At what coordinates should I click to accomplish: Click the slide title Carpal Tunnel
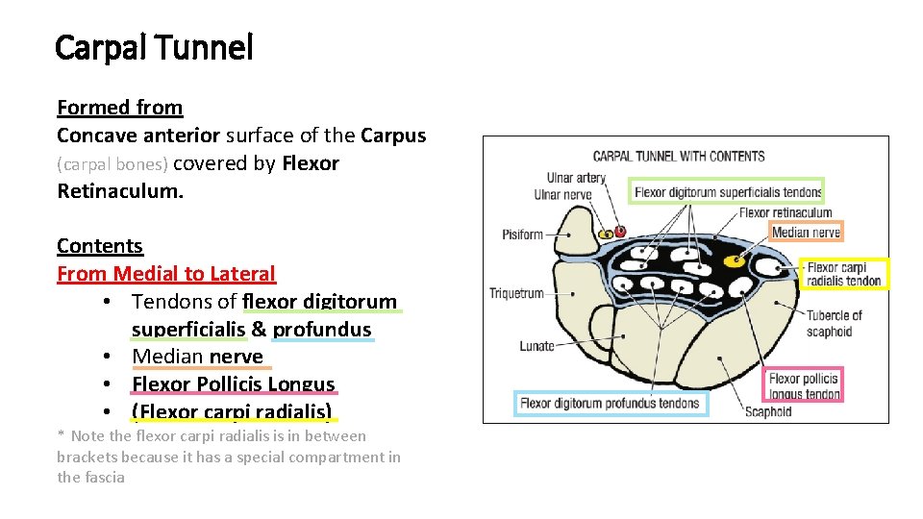pyautogui.click(x=154, y=47)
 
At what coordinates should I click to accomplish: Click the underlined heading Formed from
pyautogui.click(x=119, y=108)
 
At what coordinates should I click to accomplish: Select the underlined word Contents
pyautogui.click(x=99, y=246)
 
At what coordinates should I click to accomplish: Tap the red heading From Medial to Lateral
pyautogui.click(x=165, y=274)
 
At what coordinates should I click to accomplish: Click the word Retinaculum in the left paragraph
pyautogui.click(x=119, y=190)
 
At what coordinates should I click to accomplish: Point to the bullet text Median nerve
pyautogui.click(x=197, y=357)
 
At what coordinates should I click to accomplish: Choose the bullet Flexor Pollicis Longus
pyautogui.click(x=233, y=384)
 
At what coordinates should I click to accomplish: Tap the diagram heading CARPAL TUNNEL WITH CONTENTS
pyautogui.click(x=678, y=157)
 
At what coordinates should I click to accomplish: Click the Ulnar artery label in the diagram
pyautogui.click(x=576, y=178)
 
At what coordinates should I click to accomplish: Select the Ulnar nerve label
pyautogui.click(x=562, y=195)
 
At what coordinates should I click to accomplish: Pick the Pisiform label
pyautogui.click(x=522, y=235)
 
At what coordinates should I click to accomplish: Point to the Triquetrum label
pyautogui.click(x=516, y=294)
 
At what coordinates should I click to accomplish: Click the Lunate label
pyautogui.click(x=536, y=346)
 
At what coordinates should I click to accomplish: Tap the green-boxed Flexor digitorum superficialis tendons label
pyautogui.click(x=727, y=192)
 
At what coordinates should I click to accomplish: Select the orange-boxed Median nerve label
pyautogui.click(x=806, y=232)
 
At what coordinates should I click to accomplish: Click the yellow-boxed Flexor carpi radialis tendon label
pyautogui.click(x=844, y=274)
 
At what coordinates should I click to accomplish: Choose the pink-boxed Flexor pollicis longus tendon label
pyautogui.click(x=804, y=386)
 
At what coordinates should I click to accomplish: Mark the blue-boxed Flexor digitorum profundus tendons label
pyautogui.click(x=611, y=404)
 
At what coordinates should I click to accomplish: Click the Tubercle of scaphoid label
pyautogui.click(x=834, y=323)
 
